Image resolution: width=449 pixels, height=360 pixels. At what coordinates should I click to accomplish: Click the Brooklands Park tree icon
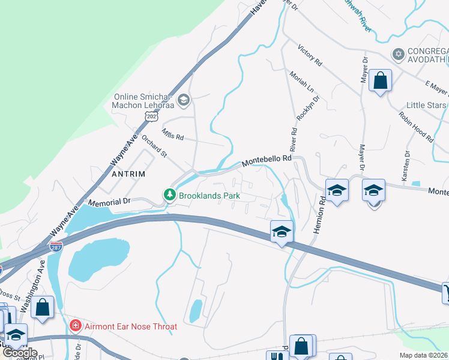click(170, 195)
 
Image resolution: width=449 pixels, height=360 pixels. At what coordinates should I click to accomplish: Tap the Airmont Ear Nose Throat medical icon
click(76, 326)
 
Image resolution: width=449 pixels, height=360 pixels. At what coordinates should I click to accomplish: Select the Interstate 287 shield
click(55, 247)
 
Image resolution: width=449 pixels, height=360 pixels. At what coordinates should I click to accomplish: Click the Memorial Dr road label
click(109, 202)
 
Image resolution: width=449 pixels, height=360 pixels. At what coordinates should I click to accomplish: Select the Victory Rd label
click(310, 54)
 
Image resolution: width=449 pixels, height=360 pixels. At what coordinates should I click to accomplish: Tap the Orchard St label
click(155, 146)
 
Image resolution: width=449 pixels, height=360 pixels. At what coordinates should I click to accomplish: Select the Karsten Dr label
click(406, 161)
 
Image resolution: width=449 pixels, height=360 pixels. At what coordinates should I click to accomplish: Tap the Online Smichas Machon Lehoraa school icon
click(184, 99)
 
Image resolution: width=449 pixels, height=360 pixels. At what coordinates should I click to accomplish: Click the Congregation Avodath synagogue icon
click(397, 55)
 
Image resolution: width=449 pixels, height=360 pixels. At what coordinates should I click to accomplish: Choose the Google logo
click(20, 352)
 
